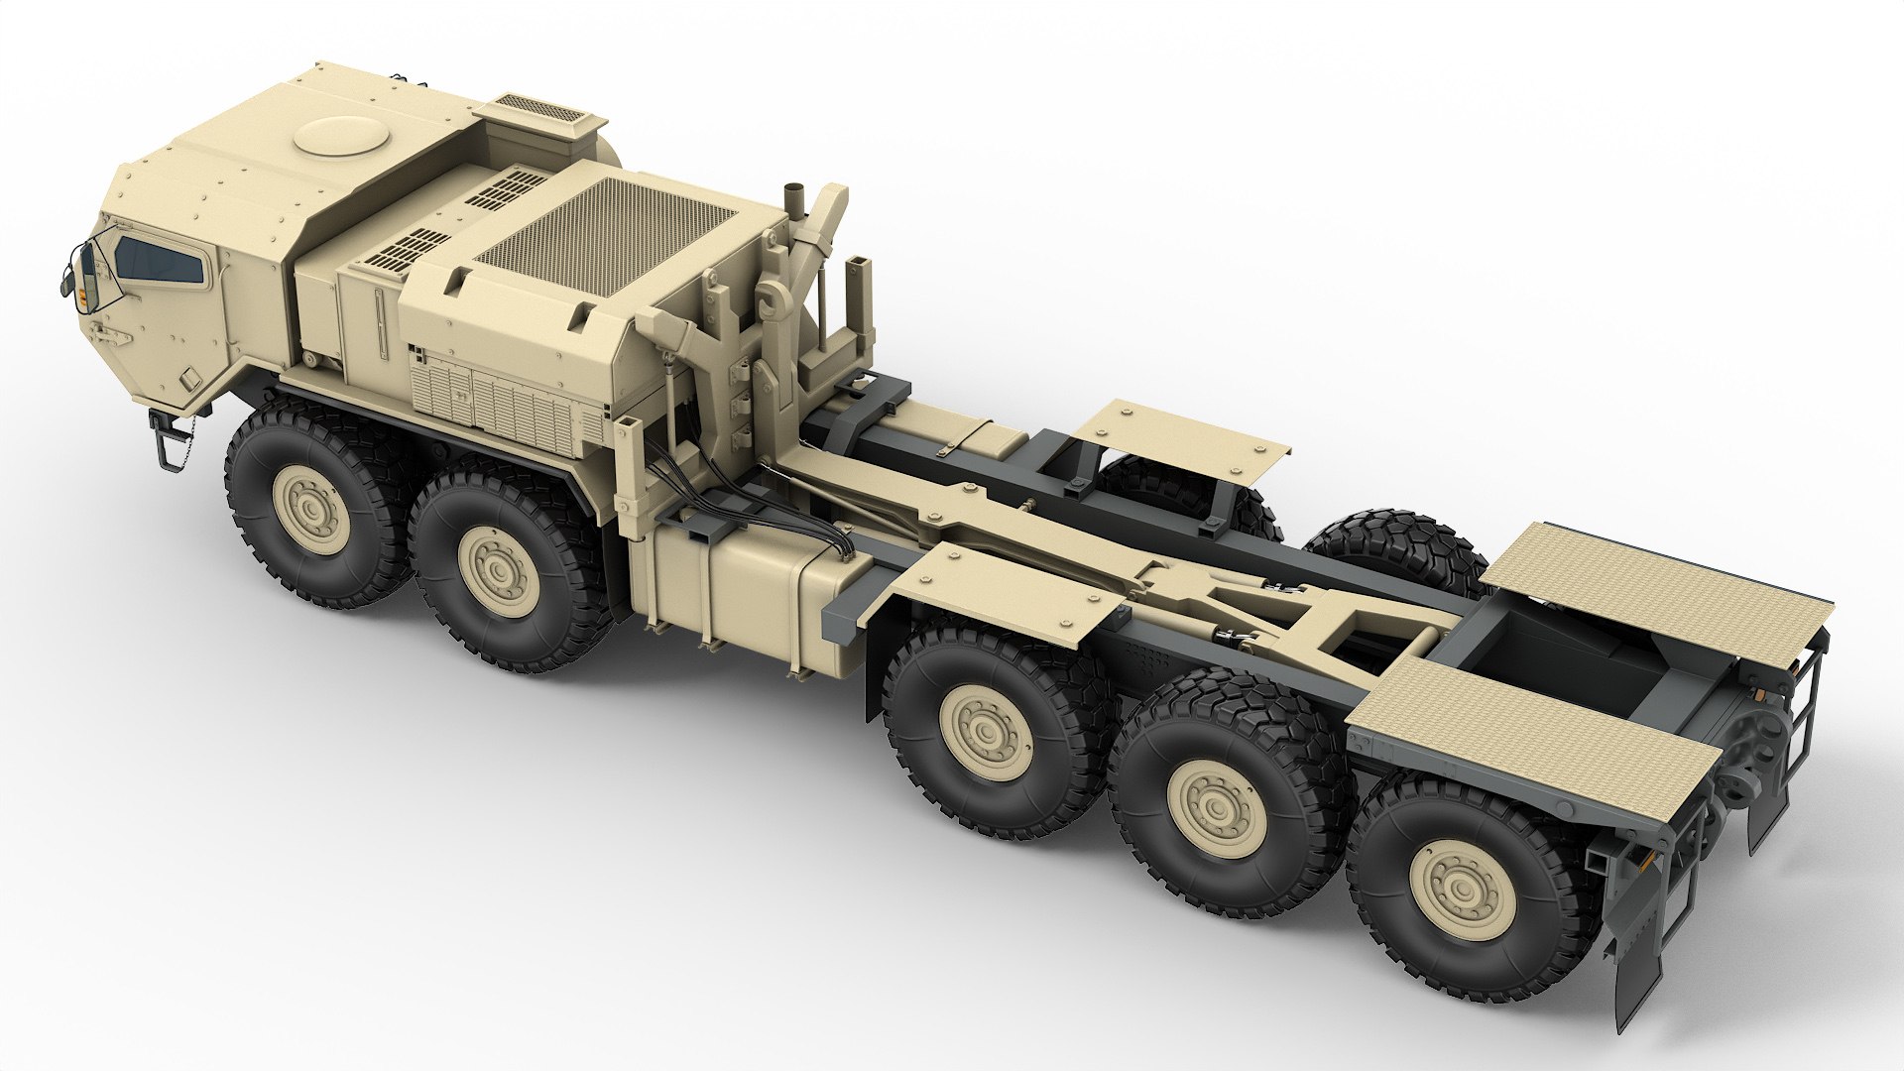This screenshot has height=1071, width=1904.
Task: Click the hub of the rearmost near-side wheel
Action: pyautogui.click(x=1462, y=890)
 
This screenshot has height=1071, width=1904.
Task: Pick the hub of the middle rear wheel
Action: pyautogui.click(x=1217, y=808)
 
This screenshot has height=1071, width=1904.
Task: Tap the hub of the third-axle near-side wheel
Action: pyautogui.click(x=986, y=732)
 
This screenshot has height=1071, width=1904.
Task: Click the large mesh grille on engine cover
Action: pyautogui.click(x=605, y=234)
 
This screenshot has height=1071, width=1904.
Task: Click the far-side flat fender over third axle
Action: pyautogui.click(x=1180, y=437)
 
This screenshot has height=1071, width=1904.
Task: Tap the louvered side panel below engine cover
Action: pyautogui.click(x=496, y=402)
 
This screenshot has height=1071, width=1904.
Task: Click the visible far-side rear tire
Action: pyautogui.click(x=1398, y=550)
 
